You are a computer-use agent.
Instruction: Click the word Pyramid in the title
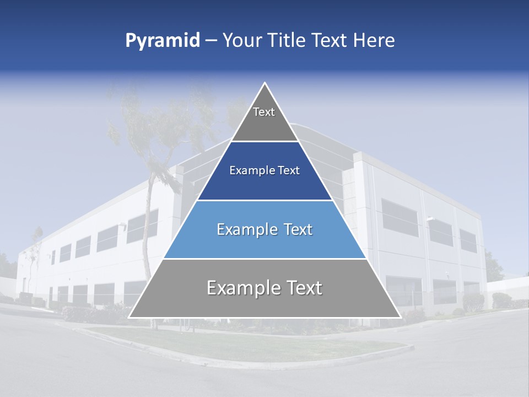click(163, 41)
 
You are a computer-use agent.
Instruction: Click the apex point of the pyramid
click(264, 83)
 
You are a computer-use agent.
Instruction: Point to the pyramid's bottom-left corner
click(129, 317)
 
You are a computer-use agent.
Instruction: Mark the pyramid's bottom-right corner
click(400, 317)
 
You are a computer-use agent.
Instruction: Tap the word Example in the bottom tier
click(242, 288)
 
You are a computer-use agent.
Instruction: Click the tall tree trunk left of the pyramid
click(150, 221)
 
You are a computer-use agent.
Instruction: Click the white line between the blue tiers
click(264, 200)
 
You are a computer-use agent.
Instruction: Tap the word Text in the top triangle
click(264, 112)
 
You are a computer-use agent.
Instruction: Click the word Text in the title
click(331, 41)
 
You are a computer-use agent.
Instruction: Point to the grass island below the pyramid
click(248, 345)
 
